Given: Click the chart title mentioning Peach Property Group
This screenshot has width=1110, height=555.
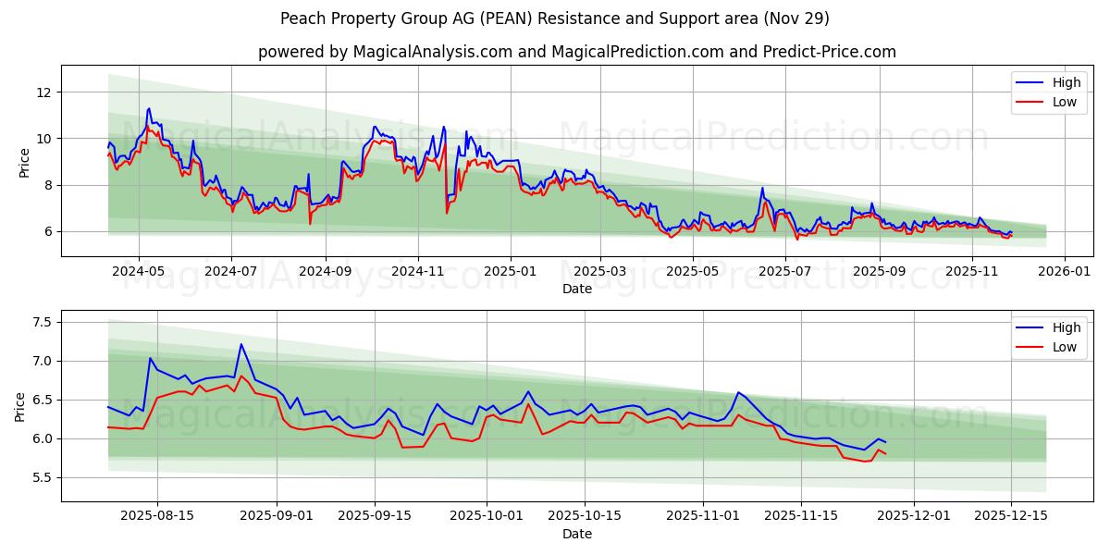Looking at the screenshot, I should (555, 18).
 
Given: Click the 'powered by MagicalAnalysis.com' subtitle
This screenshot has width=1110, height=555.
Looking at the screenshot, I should (576, 52).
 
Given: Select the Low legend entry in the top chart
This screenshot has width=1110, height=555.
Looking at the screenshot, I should (1065, 102).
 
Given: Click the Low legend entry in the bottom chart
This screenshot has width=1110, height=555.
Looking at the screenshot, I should (1065, 347).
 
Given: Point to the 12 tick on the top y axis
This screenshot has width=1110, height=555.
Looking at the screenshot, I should (43, 92).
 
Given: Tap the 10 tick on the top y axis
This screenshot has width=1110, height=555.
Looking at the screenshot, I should (43, 139).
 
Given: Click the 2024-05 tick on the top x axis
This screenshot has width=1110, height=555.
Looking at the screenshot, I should (139, 271).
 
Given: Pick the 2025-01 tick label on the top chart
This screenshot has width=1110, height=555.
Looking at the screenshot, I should (510, 271).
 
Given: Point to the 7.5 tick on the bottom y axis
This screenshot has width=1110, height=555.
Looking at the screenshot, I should (40, 322).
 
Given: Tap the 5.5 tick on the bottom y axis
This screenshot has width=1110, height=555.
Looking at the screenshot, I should (40, 477).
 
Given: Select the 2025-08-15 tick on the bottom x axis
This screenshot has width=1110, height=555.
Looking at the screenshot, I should (156, 516).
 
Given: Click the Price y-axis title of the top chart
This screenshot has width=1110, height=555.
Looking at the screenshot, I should (24, 162).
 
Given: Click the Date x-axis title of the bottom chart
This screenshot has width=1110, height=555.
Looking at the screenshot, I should (576, 534).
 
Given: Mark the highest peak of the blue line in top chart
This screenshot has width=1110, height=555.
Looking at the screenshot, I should (148, 108).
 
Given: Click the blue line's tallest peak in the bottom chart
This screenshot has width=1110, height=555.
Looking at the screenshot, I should (241, 344).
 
